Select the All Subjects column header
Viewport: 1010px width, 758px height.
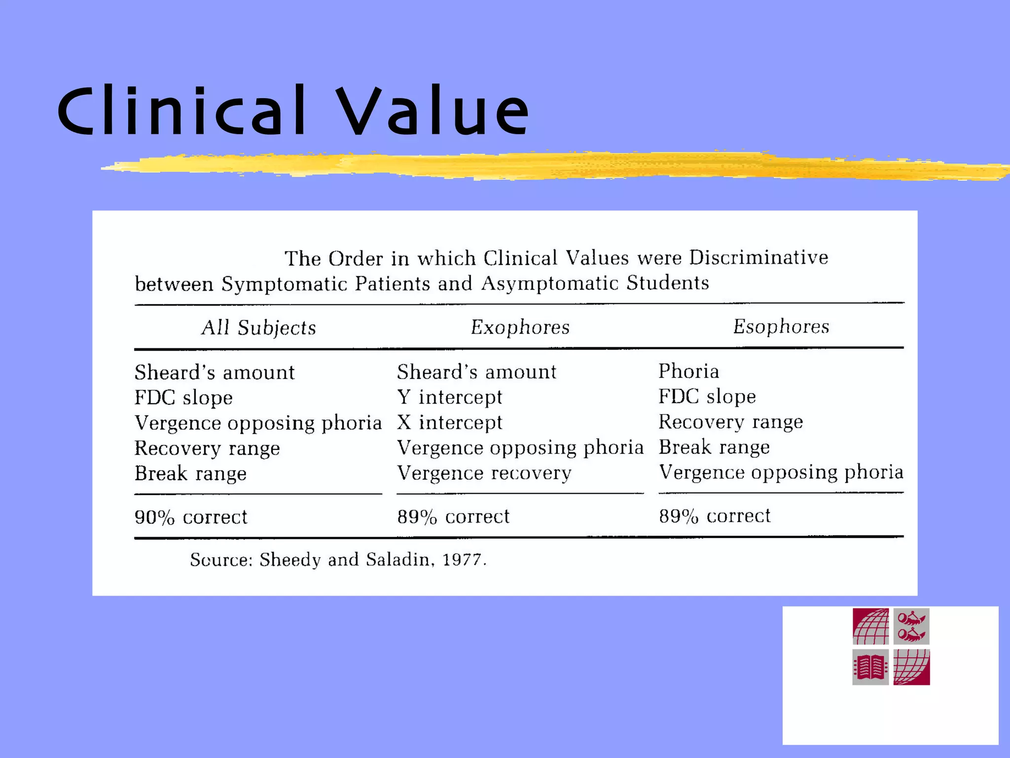coord(258,328)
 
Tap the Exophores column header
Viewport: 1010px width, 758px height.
coord(520,327)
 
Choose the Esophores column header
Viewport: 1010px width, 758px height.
coord(781,327)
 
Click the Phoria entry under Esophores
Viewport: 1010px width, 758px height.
coord(688,371)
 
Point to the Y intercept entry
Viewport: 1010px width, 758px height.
coord(449,397)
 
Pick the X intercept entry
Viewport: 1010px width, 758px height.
coord(449,422)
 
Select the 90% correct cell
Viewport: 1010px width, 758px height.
coord(191,517)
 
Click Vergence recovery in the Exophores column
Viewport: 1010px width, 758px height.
coord(484,473)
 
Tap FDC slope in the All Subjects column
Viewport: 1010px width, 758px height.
coord(183,398)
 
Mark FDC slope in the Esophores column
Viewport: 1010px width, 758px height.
coord(707,396)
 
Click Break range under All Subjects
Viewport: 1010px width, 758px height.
coord(190,474)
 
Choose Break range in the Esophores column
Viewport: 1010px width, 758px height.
coord(714,447)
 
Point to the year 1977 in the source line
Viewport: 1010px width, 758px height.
coord(463,560)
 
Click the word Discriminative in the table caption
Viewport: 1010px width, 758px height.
coord(758,258)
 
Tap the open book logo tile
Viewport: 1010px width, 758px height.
coord(870,667)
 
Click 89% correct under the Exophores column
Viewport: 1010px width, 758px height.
coord(453,517)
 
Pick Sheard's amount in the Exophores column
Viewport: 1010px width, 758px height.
coord(476,372)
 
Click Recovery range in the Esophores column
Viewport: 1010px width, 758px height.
coord(730,422)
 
